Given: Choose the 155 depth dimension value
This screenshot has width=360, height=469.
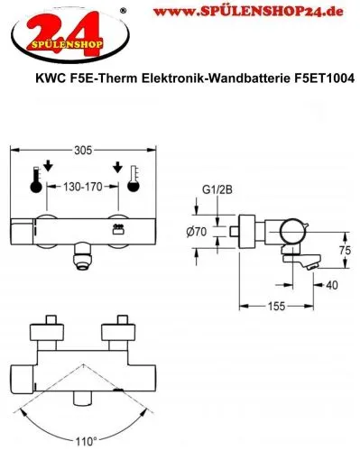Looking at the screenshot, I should click(x=276, y=307).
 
